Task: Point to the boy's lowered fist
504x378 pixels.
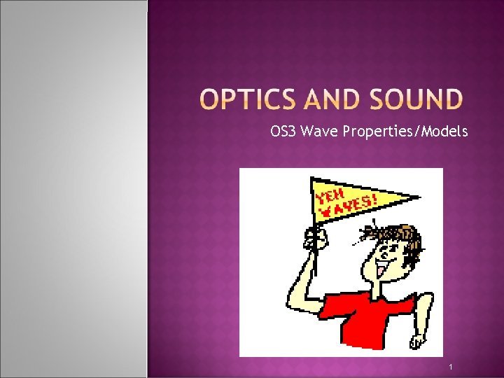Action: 418,339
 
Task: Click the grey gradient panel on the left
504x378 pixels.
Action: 73,189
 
